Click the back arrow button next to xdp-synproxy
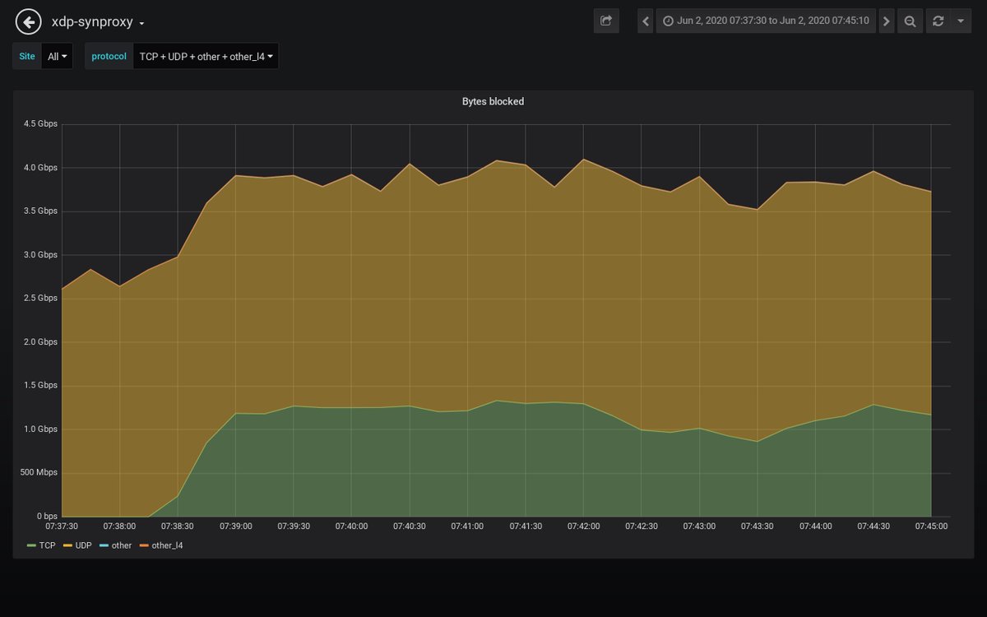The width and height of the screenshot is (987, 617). click(29, 22)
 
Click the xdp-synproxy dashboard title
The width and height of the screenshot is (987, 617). click(92, 22)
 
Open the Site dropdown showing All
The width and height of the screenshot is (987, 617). click(57, 57)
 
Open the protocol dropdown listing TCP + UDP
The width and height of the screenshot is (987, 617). click(206, 57)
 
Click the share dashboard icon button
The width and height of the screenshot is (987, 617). click(606, 21)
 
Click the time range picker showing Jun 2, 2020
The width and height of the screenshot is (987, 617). click(765, 21)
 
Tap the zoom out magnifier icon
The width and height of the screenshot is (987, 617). click(910, 21)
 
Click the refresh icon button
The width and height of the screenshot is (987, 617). click(938, 21)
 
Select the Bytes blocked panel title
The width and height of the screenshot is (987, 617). click(493, 102)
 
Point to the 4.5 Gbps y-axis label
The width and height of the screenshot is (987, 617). click(41, 124)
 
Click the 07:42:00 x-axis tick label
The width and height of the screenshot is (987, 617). click(583, 527)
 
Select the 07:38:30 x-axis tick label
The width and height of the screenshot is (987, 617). click(178, 527)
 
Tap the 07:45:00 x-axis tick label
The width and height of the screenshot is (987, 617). click(931, 527)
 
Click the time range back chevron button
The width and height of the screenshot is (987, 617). click(646, 21)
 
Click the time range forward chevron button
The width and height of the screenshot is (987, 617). click(886, 21)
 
